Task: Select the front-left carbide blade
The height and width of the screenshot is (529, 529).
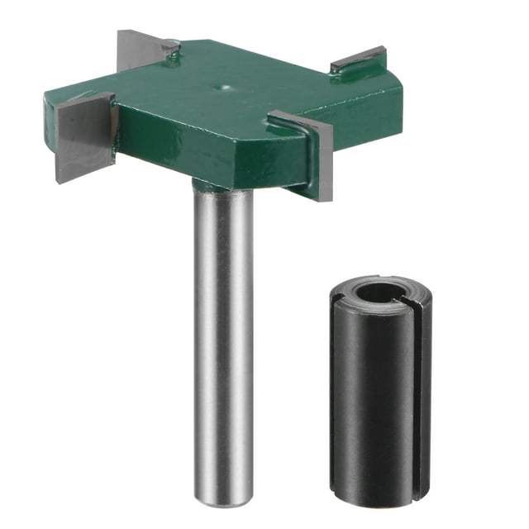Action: tap(83, 138)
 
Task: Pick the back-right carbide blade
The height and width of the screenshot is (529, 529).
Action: tap(357, 60)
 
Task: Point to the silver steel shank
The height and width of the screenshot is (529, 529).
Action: tap(223, 331)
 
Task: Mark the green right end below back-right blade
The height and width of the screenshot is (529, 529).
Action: tap(376, 99)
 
